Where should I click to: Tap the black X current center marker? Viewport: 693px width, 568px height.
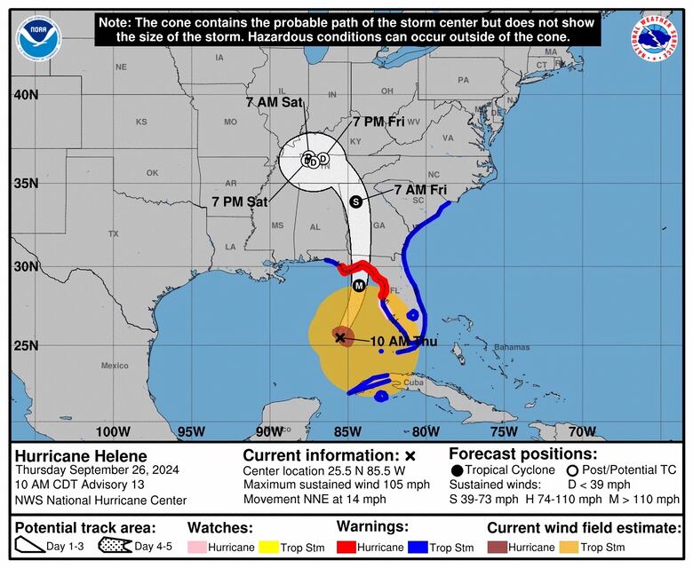point(340,337)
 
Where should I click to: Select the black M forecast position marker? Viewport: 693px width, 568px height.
point(359,286)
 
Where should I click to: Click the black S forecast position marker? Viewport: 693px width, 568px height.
point(356,201)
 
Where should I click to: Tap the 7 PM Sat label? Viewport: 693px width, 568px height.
point(240,201)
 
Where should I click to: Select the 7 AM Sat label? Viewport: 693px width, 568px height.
point(275,102)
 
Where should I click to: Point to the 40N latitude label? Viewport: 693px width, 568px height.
point(25,95)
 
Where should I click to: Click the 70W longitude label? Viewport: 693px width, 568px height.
point(582,431)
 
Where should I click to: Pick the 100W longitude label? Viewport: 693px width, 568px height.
point(113,431)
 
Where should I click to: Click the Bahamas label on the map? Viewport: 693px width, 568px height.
point(511,346)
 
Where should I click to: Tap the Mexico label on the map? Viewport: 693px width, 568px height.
point(115,365)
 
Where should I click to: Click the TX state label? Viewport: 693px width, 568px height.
point(113,233)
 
